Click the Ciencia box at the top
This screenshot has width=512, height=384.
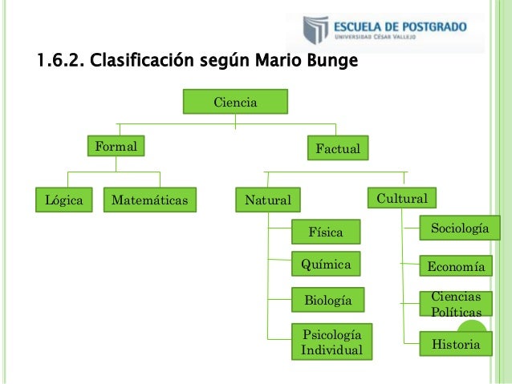pyautogui.click(x=234, y=103)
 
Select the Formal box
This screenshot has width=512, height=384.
pyautogui.click(x=114, y=148)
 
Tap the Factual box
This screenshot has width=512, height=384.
pyautogui.click(x=337, y=149)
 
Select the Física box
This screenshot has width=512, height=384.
pyautogui.click(x=326, y=232)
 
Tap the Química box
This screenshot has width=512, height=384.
pyautogui.click(x=325, y=263)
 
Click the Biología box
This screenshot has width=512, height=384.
pyautogui.click(x=327, y=301)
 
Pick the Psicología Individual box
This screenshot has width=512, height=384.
pyautogui.click(x=331, y=342)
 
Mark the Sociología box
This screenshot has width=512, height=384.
pyautogui.click(x=459, y=229)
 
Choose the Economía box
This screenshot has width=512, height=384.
pyautogui.click(x=456, y=267)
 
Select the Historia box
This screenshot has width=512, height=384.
pyautogui.click(x=456, y=345)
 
